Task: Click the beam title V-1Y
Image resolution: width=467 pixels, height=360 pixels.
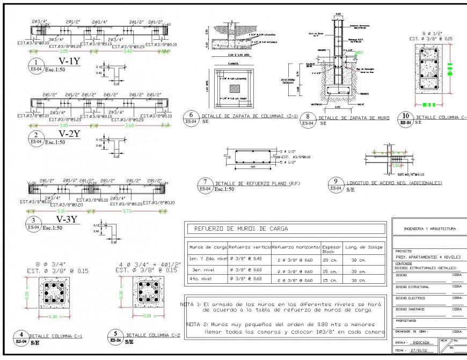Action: pos(69,61)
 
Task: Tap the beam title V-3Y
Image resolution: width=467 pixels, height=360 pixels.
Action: pos(69,219)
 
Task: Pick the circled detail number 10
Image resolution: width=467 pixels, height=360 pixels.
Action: pos(406,116)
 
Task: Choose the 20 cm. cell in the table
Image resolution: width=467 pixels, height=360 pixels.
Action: pos(331,259)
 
